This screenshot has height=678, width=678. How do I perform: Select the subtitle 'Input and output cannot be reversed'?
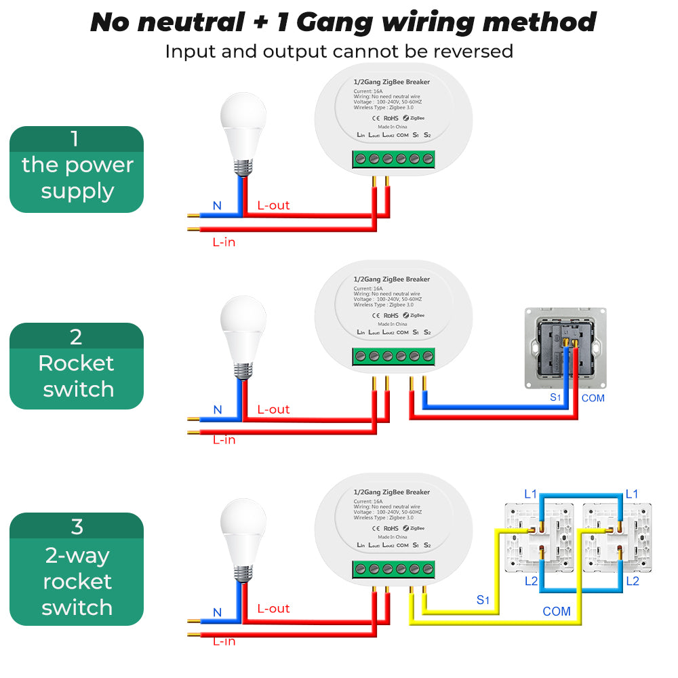pos(339,51)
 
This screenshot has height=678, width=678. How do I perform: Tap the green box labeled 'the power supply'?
pos(77,169)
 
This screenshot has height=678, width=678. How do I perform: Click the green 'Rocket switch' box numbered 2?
pos(77,367)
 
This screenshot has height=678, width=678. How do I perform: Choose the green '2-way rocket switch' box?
pos(77,569)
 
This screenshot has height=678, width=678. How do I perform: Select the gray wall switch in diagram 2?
pos(565,348)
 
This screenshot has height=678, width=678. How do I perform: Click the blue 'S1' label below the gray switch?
pos(556,397)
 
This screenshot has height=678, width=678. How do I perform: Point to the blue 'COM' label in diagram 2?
pos(593,398)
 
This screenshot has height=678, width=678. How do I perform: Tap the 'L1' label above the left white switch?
pos(530,494)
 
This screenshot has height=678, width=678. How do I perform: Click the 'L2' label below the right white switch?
pos(632,581)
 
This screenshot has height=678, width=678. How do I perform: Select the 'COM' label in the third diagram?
pos(556,612)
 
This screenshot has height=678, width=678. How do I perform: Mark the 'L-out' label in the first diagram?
pos(273,205)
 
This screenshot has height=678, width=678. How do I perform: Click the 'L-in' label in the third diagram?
pos(224,641)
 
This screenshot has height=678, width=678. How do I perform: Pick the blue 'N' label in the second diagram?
pos(218,410)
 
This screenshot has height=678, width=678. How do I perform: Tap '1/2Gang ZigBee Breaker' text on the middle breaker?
pos(392,279)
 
